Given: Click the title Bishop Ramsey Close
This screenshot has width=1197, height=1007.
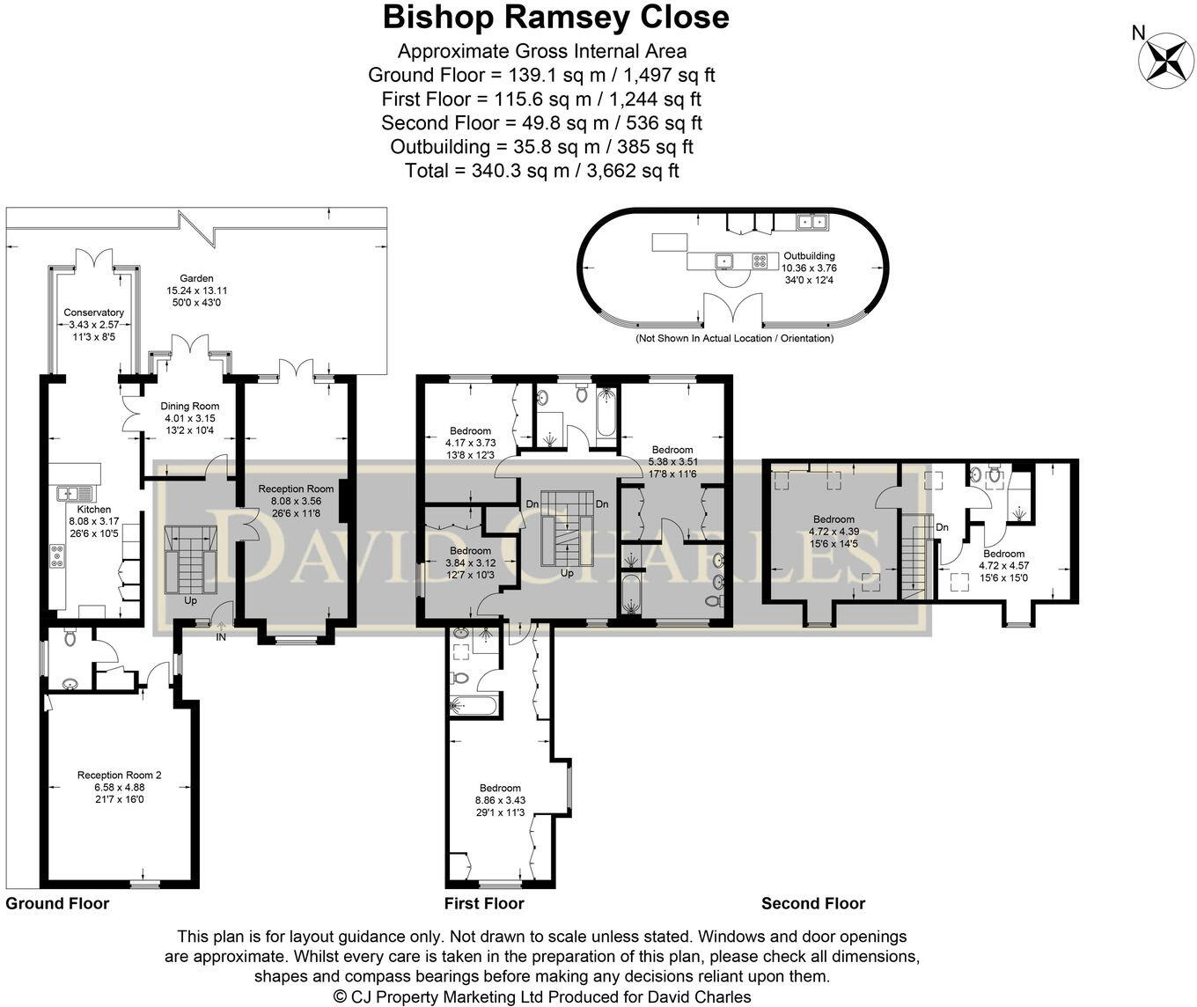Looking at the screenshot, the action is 555,17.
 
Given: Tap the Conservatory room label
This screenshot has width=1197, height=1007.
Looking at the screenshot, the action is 93,312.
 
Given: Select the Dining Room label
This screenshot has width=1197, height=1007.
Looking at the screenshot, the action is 189,406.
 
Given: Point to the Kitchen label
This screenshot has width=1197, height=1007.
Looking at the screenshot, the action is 94,509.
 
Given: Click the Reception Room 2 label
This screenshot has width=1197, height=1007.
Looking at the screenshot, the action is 119,775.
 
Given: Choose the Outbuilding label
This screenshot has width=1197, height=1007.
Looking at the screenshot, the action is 808,256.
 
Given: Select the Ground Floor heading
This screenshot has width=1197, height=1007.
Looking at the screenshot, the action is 57,903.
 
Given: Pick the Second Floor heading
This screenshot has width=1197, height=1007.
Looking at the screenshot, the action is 812,903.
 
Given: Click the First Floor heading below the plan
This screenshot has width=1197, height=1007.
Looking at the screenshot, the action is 483,903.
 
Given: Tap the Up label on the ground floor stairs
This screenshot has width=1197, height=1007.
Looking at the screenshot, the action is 190,601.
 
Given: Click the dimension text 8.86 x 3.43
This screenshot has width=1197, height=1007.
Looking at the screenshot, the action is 500,800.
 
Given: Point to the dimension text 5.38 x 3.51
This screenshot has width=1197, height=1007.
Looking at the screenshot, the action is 672,461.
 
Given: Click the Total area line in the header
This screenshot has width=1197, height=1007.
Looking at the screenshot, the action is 541,171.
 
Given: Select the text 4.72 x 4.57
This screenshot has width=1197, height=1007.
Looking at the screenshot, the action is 1003,566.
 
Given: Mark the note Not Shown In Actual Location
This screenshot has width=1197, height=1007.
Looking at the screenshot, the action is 734,338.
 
